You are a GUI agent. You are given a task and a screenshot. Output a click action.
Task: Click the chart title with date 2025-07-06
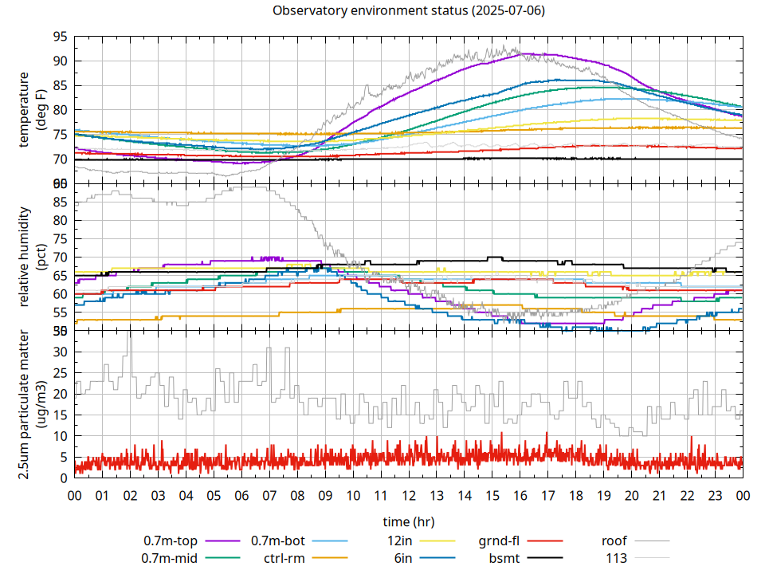click(x=408, y=11)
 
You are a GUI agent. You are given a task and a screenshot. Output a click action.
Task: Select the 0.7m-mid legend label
click(x=170, y=558)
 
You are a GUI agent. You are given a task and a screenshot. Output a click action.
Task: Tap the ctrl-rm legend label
click(x=284, y=558)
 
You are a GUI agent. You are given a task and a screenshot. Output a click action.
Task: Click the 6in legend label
click(x=403, y=558)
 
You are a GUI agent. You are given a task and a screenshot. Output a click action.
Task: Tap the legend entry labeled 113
click(x=617, y=558)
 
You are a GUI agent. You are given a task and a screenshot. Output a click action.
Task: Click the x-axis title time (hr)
click(x=408, y=522)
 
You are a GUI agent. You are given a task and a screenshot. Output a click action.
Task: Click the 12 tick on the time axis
click(x=408, y=495)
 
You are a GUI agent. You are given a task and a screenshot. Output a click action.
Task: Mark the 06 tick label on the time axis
click(x=241, y=495)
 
